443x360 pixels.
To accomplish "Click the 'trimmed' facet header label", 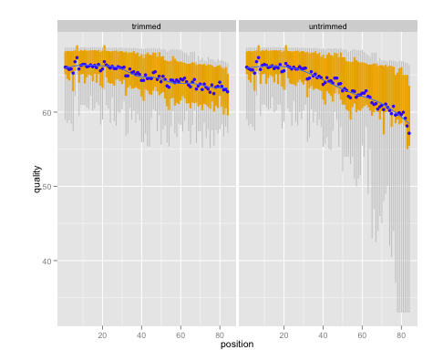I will tap(146, 26).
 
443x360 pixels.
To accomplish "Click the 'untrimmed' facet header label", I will tap(327, 26).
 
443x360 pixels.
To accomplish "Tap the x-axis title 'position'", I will tap(237, 345).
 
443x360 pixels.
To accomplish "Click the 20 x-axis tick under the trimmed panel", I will tap(102, 334).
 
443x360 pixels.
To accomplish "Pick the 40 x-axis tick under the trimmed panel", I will tap(141, 334).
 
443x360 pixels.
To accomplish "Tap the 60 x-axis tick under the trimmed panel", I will tap(180, 334).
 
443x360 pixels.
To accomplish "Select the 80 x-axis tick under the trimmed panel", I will tap(220, 334).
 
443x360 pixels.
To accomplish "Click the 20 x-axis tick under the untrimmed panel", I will tap(283, 334).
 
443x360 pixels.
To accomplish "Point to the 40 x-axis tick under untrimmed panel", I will tap(323, 334).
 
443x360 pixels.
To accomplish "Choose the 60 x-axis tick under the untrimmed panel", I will tap(362, 334).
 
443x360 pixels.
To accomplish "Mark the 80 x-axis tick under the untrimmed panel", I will tap(401, 334).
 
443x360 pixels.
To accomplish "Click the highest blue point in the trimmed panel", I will tap(77, 58).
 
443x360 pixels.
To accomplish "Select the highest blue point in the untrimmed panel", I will tap(258, 58).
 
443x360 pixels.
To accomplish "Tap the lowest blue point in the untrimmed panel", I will tap(409, 133).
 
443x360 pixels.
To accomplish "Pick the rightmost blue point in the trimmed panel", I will tap(228, 92).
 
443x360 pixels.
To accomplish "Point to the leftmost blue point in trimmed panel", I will tap(65, 67).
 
